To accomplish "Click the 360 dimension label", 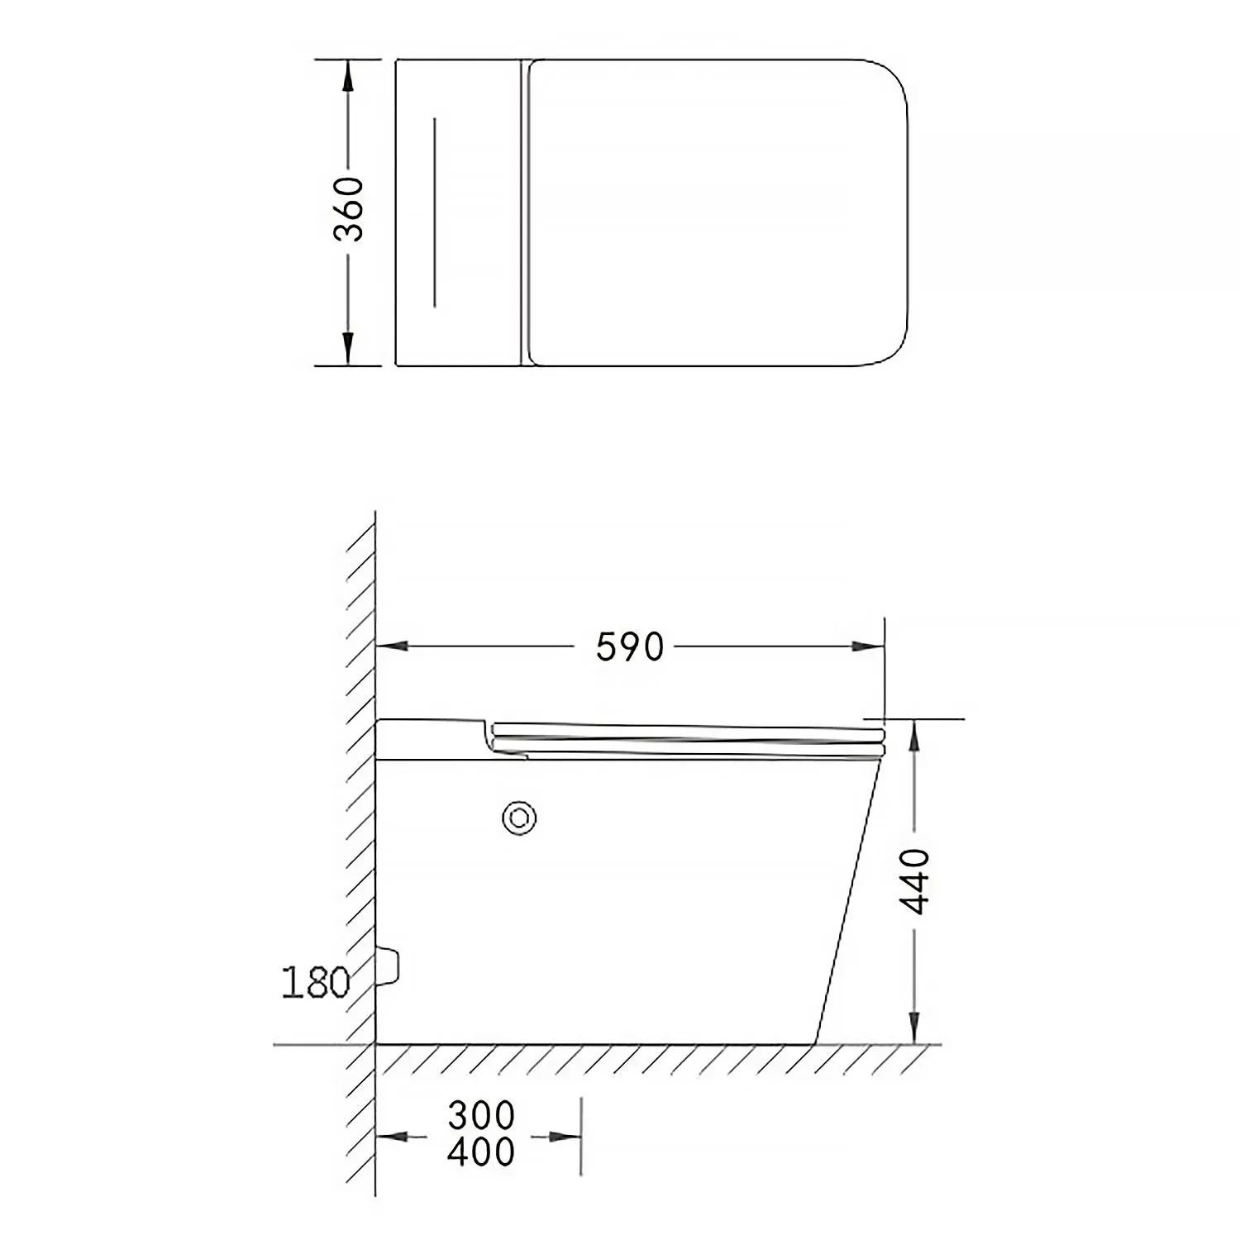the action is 348,209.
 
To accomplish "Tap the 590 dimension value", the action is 630,647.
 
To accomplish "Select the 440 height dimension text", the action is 915,881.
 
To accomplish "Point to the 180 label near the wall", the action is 316,983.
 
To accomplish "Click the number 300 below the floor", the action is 481,1116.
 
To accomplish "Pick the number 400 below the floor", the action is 481,1152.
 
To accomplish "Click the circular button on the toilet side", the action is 519,818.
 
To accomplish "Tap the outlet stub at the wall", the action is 388,966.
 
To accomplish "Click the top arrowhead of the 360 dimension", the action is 348,76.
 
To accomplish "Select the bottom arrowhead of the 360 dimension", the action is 348,348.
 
